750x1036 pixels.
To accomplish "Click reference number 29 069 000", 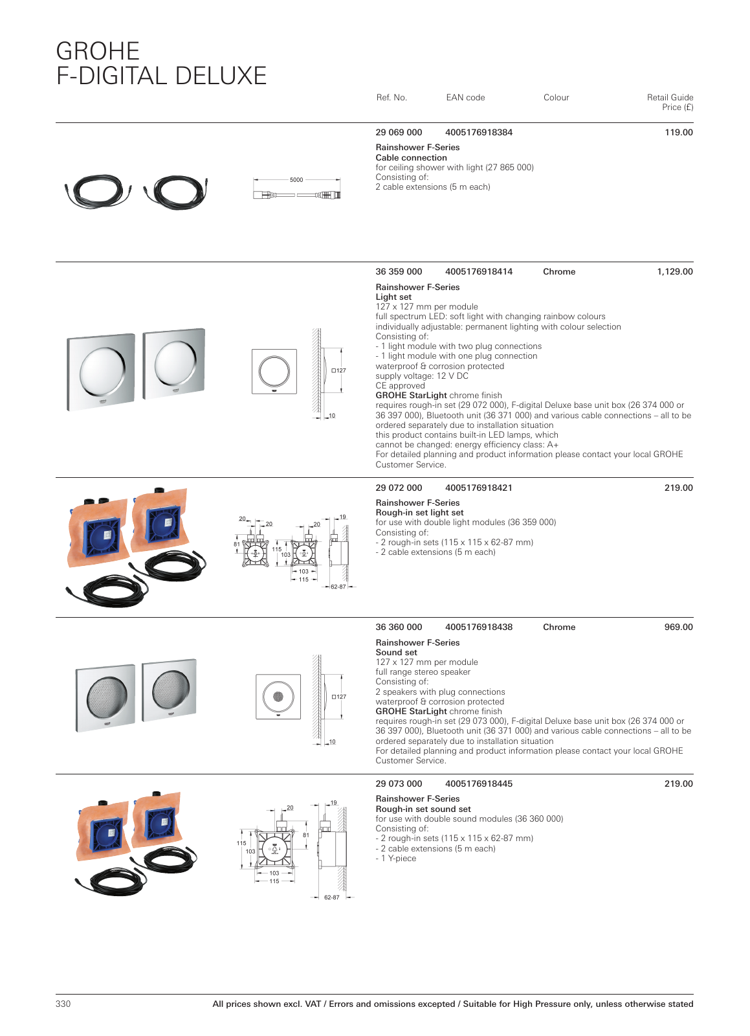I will click(399, 133).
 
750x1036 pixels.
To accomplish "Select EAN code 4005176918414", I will click(478, 272).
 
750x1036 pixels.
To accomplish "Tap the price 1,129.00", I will click(674, 272).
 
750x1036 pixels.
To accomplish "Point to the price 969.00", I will click(678, 627).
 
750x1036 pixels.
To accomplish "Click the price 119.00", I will click(678, 133).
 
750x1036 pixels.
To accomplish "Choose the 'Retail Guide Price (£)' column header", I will click(670, 102).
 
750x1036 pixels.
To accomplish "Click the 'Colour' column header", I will click(556, 98).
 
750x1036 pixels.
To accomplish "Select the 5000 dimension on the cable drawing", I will click(296, 180).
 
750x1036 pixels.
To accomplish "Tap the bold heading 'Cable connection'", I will click(411, 158).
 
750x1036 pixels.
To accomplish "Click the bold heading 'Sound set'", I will click(396, 653).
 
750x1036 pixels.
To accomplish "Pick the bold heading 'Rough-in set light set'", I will click(419, 513).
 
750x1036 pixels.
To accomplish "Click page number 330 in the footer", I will click(63, 1004).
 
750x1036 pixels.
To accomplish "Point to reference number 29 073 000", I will click(399, 784).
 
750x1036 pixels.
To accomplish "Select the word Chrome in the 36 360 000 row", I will click(559, 627).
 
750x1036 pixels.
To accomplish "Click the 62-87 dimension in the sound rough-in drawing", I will click(331, 897).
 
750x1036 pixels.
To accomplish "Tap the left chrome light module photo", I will click(101, 372).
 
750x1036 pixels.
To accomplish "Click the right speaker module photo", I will click(170, 690).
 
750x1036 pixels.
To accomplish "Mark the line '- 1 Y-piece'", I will click(396, 859).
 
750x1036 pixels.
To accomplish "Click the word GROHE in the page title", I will click(98, 51).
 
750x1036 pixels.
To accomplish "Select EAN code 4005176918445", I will click(478, 784).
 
